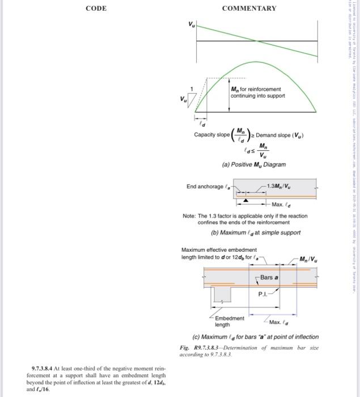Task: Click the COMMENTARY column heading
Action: (249, 9)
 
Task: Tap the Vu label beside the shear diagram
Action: (191, 25)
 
